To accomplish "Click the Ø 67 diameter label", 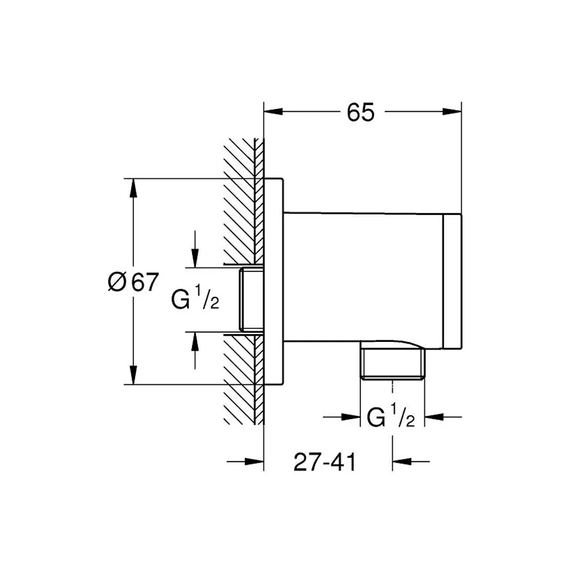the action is pos(133,282).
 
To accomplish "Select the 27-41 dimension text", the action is pos(325,462).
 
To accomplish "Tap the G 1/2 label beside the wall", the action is pos(195,298).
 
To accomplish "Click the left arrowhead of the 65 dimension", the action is pos(273,112).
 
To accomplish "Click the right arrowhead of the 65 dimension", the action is pos(452,112).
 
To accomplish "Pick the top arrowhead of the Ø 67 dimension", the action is pos(133,188).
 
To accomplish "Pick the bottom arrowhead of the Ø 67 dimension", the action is pos(133,375).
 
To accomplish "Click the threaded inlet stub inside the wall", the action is pos(251,300).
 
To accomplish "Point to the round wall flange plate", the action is pos(274,282).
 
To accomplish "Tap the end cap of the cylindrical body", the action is pos(453,282).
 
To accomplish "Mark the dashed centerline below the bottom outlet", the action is pos(392,386).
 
